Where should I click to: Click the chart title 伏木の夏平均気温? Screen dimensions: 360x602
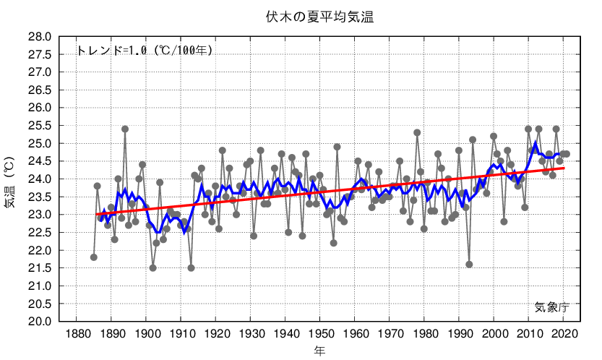[x=318, y=17]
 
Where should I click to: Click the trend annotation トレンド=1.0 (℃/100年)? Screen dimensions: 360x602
[x=145, y=51]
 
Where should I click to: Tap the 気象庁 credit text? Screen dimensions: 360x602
[x=552, y=307]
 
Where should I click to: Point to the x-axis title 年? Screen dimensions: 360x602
[x=319, y=351]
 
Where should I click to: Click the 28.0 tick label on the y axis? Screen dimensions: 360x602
[x=40, y=37]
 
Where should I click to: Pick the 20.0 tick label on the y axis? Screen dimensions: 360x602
[x=40, y=322]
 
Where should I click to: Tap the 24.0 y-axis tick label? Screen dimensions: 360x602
[x=40, y=179]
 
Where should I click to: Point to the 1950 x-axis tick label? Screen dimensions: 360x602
[x=319, y=334]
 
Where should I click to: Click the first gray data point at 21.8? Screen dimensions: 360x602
[x=94, y=257]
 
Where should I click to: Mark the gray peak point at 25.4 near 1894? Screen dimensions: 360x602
[x=125, y=129]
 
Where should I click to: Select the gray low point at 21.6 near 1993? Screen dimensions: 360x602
[x=469, y=265]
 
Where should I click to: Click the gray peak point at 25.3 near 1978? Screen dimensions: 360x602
[x=417, y=132]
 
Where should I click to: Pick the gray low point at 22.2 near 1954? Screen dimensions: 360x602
[x=334, y=243]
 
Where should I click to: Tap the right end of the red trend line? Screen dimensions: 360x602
[x=564, y=168]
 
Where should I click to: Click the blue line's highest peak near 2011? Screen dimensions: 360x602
[x=536, y=143]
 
